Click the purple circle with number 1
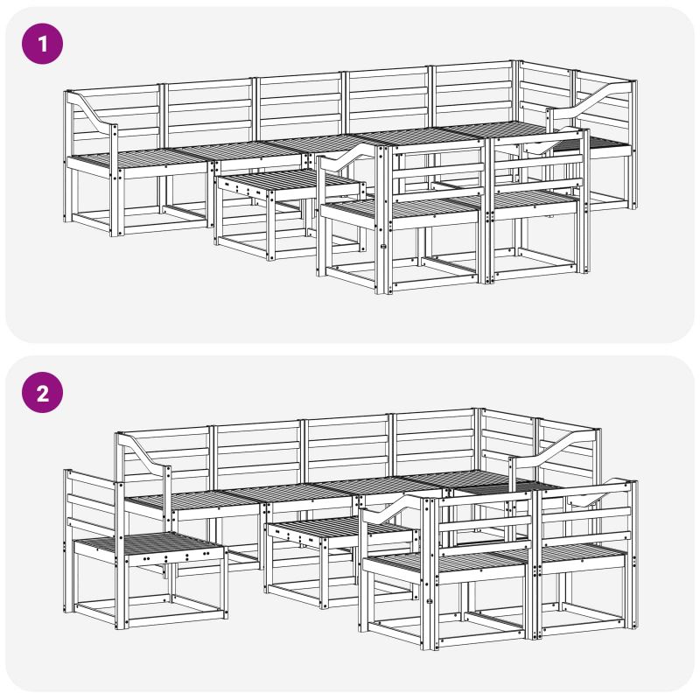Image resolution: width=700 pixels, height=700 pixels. click(42, 44)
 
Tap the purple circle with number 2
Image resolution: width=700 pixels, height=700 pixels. click(42, 392)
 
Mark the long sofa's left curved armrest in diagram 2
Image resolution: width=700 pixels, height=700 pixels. click(143, 454)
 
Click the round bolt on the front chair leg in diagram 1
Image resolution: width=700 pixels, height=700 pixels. click(382, 246)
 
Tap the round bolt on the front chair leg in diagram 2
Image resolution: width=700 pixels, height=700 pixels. click(430, 602)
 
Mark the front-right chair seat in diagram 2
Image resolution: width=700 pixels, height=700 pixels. click(580, 554)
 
